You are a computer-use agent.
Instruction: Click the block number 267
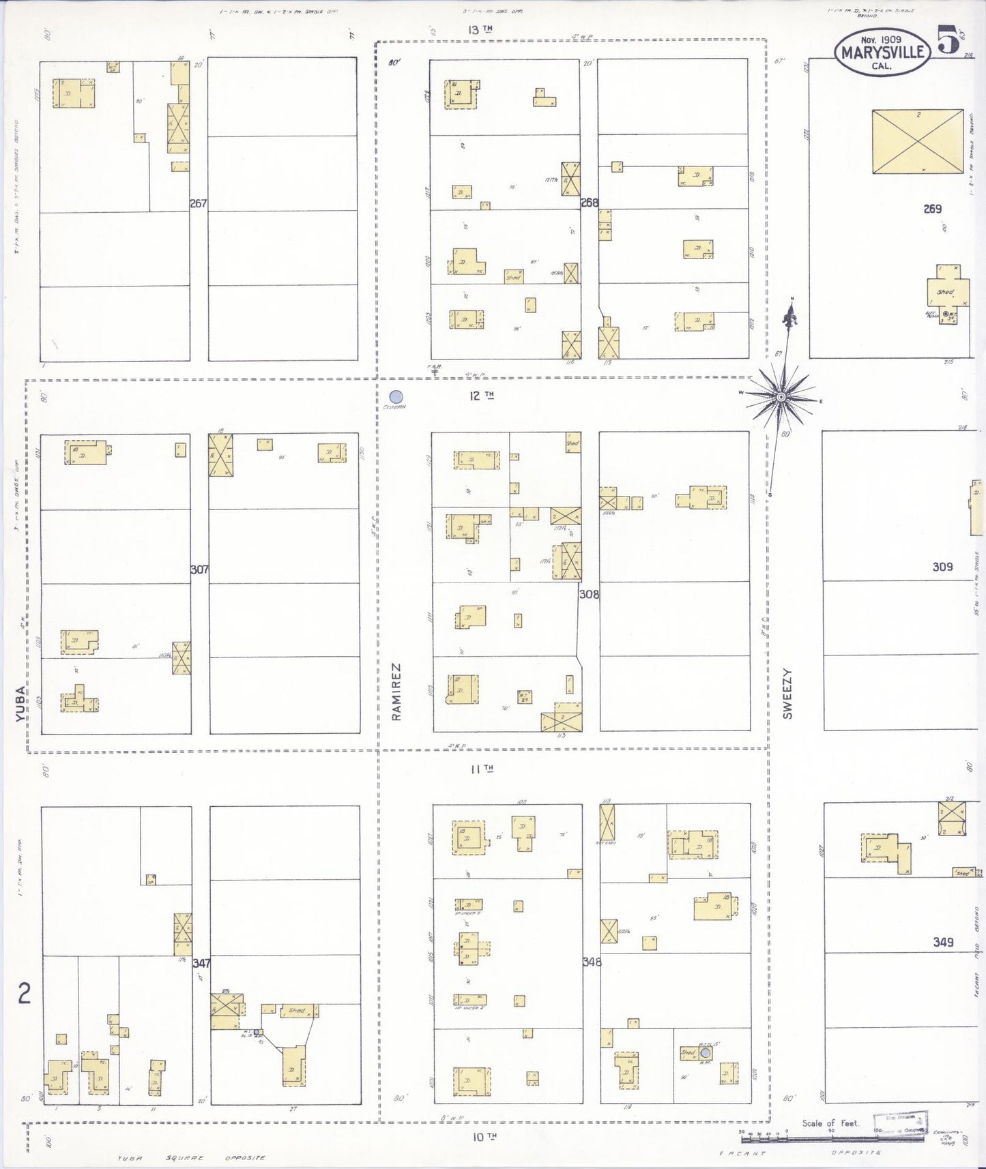(x=199, y=203)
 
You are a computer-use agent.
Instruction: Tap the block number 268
(x=590, y=203)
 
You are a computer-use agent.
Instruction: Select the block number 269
(x=932, y=209)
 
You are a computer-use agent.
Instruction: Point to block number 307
(x=199, y=569)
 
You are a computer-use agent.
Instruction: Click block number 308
(x=589, y=594)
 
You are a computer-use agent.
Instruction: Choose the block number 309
(x=942, y=566)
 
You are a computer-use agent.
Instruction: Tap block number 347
(x=201, y=964)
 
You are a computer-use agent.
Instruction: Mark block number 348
(x=591, y=962)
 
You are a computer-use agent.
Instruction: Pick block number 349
(x=943, y=942)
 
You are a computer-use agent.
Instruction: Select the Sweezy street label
(x=788, y=694)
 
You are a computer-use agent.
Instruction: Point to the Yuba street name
(x=20, y=705)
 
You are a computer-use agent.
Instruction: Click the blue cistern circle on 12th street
(x=395, y=396)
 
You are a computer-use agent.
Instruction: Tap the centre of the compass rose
(x=781, y=396)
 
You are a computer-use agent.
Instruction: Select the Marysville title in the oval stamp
(x=882, y=53)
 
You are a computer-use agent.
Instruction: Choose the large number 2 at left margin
(x=25, y=994)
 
